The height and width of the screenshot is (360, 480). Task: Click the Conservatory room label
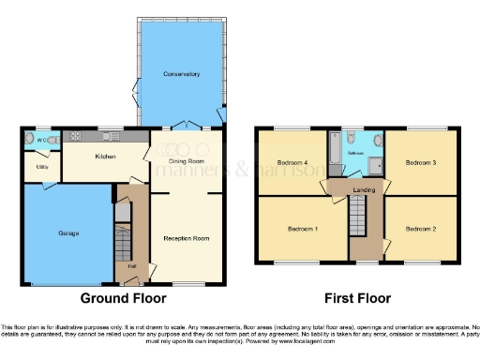pos(181,73)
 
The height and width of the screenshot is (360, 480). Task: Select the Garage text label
pos(68,232)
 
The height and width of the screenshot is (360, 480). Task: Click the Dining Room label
pos(187,161)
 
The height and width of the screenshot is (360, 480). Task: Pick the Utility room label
pos(42,168)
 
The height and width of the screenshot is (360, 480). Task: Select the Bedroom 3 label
pos(421,163)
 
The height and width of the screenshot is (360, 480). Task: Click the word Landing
pos(365,190)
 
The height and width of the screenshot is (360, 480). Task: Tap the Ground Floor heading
pos(124,298)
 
